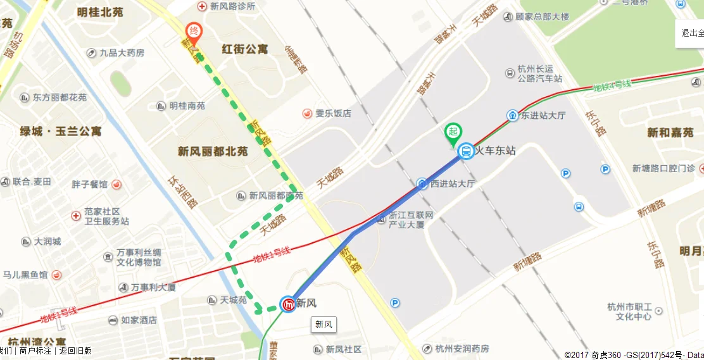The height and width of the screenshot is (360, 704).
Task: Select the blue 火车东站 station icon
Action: point(466,151)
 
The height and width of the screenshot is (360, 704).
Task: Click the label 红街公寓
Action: point(245,49)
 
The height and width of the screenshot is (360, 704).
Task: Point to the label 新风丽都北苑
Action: point(212,151)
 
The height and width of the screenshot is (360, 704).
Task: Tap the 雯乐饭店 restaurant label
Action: point(333,113)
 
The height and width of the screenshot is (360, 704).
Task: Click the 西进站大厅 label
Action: point(452,184)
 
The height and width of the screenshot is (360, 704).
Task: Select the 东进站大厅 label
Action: point(543,116)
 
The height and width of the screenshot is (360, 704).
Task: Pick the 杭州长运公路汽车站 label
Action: point(539,74)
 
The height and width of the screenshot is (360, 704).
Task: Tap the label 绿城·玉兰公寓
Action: point(60,132)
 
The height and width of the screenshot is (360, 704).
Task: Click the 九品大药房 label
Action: point(122,53)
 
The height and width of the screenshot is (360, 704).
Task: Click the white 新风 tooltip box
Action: point(324,325)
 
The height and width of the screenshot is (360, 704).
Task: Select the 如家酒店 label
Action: point(139,320)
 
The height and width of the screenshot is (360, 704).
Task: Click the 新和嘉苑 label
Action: point(670,133)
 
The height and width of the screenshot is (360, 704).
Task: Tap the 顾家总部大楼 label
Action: point(542,16)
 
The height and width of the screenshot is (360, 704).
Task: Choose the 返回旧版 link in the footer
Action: point(75,351)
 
